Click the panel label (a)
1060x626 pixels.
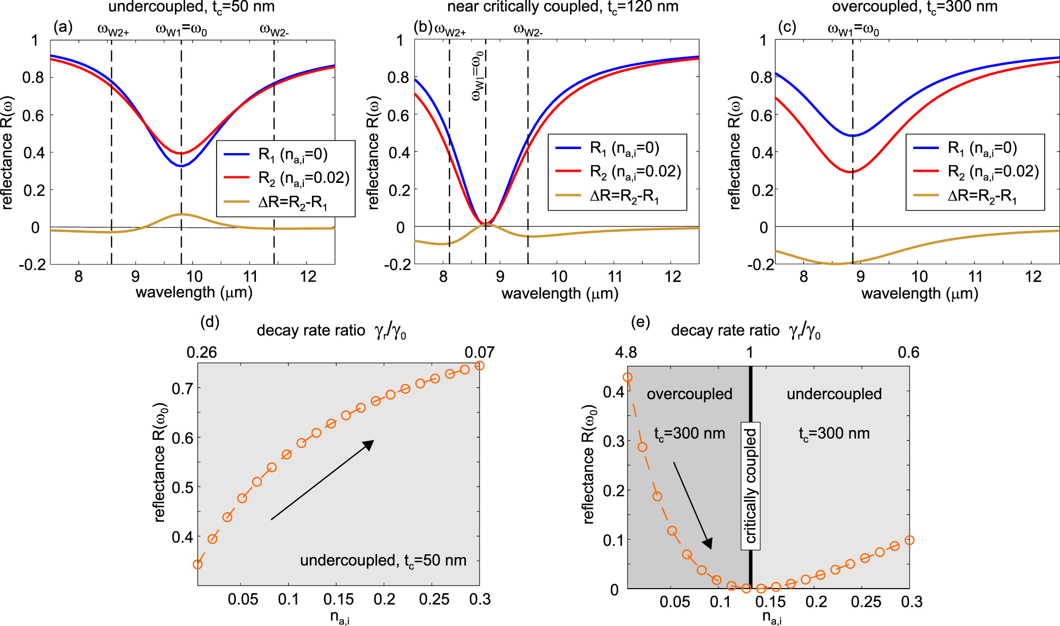point(63,27)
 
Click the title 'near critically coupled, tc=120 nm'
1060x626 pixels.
point(562,7)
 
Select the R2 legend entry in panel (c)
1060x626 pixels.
point(992,172)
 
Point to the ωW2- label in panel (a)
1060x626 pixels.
point(274,30)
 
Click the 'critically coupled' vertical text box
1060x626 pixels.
point(751,486)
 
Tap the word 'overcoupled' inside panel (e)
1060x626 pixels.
point(689,394)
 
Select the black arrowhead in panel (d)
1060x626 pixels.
point(369,445)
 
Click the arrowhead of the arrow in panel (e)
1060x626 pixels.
point(708,544)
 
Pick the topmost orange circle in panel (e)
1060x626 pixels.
point(627,377)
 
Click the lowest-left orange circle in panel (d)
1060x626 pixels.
point(198,564)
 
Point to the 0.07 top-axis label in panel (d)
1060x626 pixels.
point(479,352)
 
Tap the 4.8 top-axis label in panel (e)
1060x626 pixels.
point(626,352)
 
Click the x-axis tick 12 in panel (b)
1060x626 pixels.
point(672,277)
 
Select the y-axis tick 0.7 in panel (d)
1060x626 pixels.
point(182,388)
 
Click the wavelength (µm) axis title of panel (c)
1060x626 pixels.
point(919,294)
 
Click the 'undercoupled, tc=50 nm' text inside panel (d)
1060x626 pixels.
point(383,560)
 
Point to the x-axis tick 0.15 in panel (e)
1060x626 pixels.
point(771,602)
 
